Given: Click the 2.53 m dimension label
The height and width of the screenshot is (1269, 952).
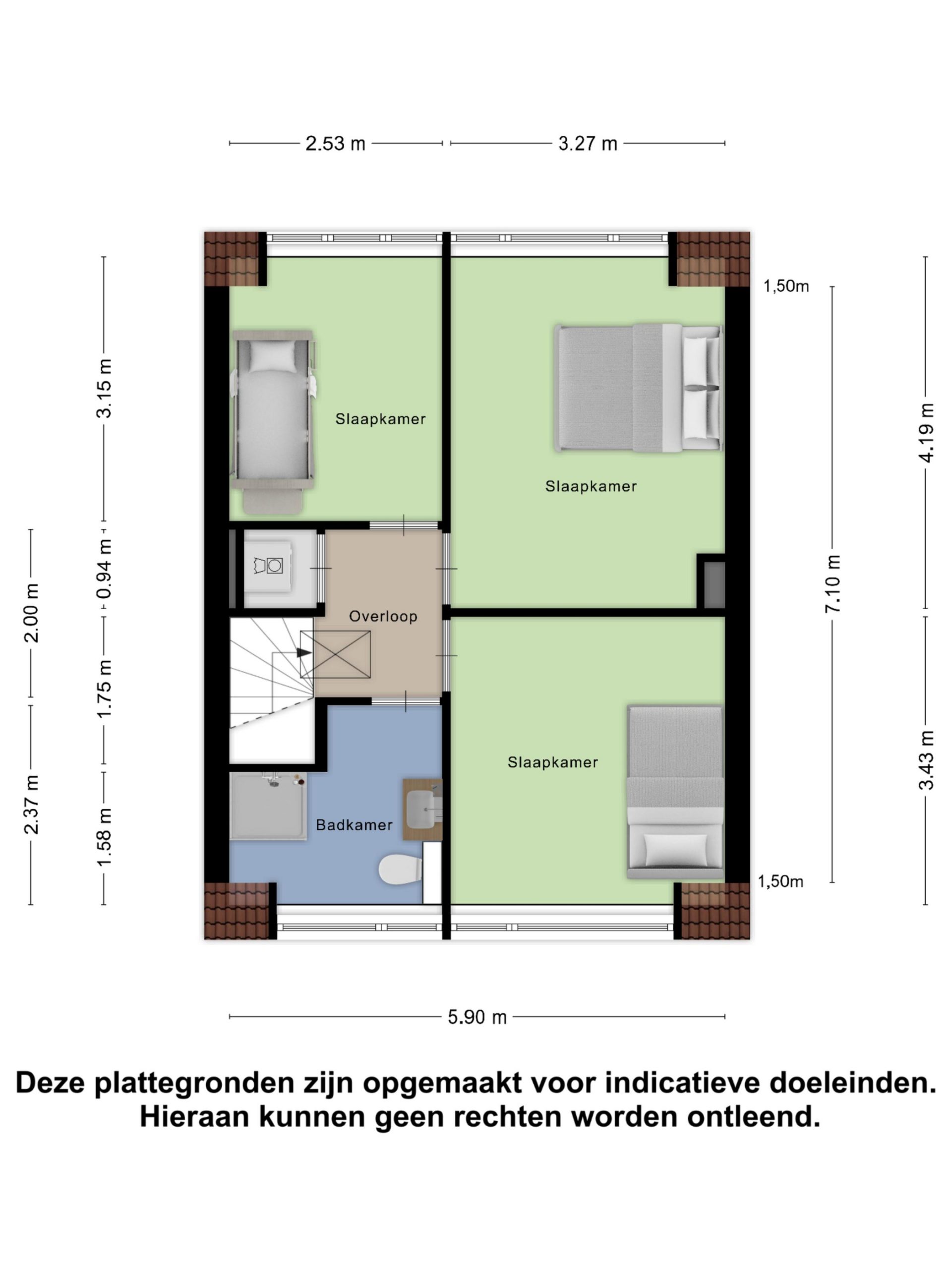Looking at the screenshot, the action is (x=335, y=143).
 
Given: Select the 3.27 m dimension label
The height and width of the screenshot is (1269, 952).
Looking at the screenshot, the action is (x=588, y=143).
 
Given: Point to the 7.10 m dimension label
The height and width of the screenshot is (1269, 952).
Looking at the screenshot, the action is (x=833, y=583).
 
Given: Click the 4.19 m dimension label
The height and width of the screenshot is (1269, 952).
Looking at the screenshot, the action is (x=926, y=433).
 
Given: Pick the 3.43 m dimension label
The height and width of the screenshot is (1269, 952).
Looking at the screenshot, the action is (x=926, y=760).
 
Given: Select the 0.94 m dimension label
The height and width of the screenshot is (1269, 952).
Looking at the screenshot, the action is (x=105, y=569).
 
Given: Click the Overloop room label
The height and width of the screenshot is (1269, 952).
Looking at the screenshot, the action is (x=383, y=616).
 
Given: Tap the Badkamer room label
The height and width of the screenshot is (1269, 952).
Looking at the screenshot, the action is (x=354, y=825).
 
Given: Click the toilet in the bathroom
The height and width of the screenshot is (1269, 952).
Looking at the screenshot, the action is (x=400, y=870).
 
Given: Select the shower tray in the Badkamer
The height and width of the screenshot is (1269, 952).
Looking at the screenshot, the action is (x=268, y=806).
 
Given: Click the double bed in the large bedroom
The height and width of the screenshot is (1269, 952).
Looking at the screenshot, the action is (x=639, y=389).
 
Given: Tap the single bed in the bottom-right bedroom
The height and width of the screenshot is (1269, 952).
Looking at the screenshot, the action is (x=675, y=792).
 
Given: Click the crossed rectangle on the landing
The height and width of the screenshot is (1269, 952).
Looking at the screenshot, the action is (x=335, y=654).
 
